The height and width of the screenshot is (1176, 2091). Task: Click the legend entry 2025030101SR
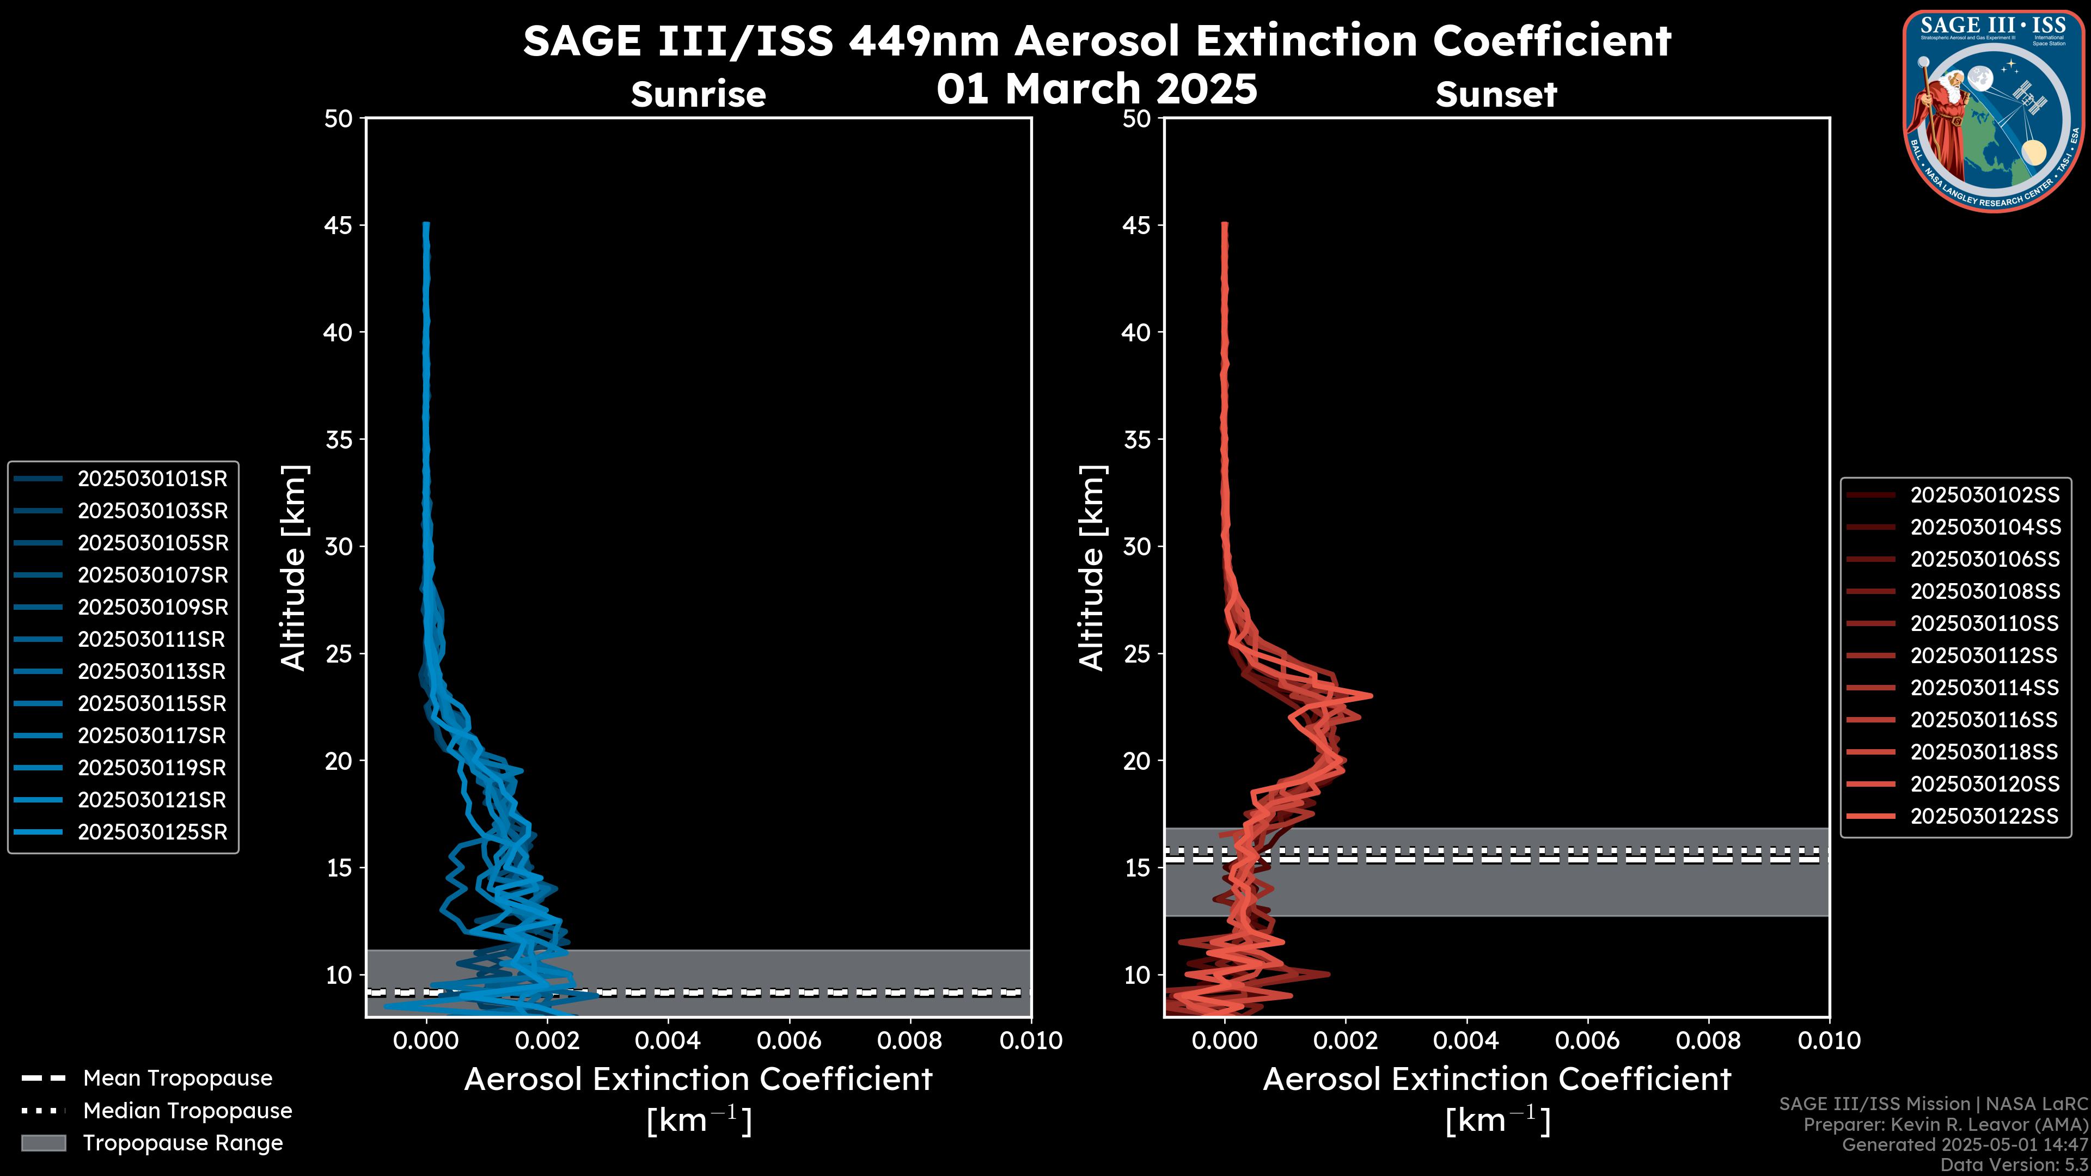pos(152,479)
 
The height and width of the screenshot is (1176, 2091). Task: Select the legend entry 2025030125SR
pos(152,832)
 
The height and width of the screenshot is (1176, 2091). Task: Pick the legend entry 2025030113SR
pos(152,672)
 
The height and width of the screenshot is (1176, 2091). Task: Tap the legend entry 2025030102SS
pos(1985,495)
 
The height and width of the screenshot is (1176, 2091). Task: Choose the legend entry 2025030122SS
pos(1985,817)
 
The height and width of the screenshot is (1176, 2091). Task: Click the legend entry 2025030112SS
pos(1985,656)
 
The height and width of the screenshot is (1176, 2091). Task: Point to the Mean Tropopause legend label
pos(178,1079)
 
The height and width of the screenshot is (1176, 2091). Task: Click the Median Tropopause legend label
pos(187,1111)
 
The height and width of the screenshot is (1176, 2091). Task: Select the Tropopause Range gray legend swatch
pos(43,1143)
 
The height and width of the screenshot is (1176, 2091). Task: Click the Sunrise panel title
pos(698,94)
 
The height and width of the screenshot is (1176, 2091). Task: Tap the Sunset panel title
pos(1496,94)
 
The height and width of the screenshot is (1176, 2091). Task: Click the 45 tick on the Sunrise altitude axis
pos(339,225)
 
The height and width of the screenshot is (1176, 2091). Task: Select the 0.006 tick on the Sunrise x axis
pos(789,1040)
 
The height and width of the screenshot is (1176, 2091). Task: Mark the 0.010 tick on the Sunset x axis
pos(1829,1040)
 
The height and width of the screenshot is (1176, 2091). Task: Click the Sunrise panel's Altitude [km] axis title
pos(294,567)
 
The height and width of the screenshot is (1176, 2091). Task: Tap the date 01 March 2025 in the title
pos(1097,88)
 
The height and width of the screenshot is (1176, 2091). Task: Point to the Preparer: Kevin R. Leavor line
pos(1945,1125)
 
